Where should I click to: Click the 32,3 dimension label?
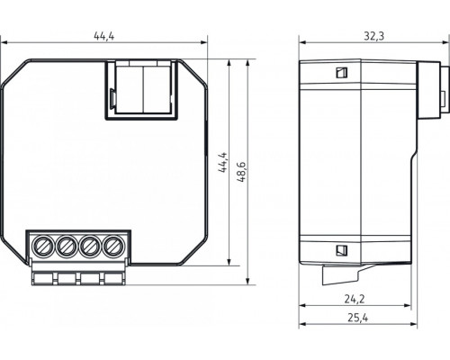point(374,36)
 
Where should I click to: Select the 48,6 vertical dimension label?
point(241,172)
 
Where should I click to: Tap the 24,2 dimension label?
point(355,299)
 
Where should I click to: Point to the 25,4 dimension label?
point(358,318)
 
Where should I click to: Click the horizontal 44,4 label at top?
point(104,36)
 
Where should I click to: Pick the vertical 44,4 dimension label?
point(222,162)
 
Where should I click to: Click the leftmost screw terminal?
point(42,246)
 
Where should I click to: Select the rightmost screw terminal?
point(113,246)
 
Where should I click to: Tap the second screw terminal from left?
point(67,246)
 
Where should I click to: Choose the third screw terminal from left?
point(90,246)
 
